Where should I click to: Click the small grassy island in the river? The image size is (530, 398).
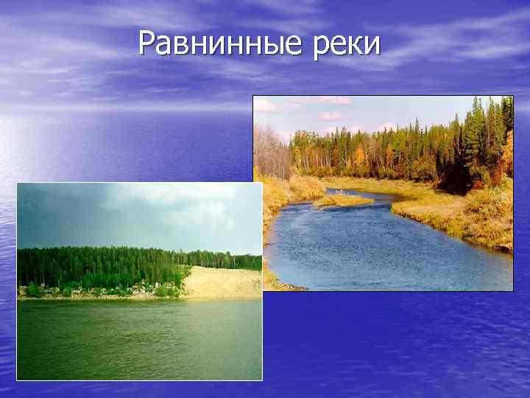(x=342, y=200)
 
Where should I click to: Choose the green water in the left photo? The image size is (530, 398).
(x=132, y=339)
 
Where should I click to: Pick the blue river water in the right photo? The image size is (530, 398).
(x=383, y=251)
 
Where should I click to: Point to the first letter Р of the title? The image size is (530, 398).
(x=146, y=44)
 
